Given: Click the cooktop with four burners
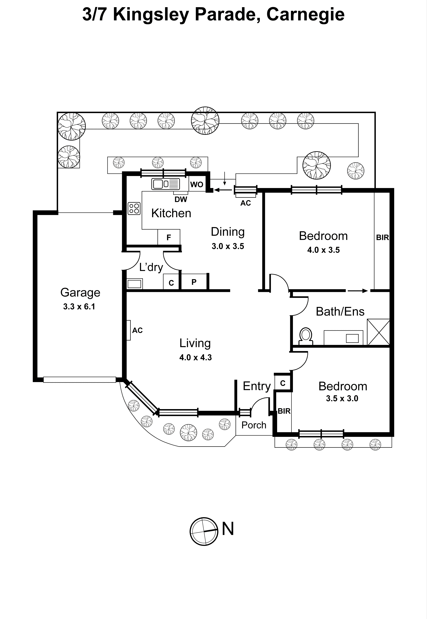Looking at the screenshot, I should pyautogui.click(x=134, y=208).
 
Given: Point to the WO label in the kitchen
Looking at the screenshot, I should pyautogui.click(x=197, y=185).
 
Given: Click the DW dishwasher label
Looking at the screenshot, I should pyautogui.click(x=181, y=199).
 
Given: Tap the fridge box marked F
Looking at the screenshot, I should pyautogui.click(x=168, y=237).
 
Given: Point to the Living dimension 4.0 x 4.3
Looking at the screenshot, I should pyautogui.click(x=196, y=357).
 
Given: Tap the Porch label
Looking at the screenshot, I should pyautogui.click(x=254, y=425).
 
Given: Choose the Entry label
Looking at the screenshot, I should pyautogui.click(x=256, y=386).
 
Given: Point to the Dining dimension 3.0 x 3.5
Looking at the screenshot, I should pyautogui.click(x=228, y=246).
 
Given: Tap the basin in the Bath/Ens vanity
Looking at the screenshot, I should pyautogui.click(x=352, y=338).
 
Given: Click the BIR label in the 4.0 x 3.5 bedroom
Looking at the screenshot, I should pyautogui.click(x=382, y=237).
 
